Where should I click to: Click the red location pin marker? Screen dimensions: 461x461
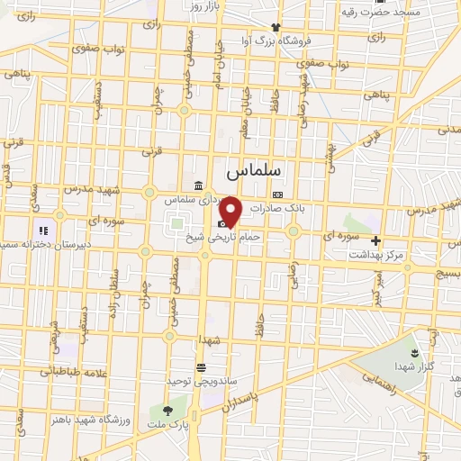pyautogui.click(x=231, y=211)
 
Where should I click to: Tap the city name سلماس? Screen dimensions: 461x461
pyautogui.click(x=254, y=169)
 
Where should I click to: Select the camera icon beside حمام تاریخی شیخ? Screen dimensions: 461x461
pyautogui.click(x=222, y=223)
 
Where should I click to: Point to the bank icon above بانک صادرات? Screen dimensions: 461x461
pyautogui.click(x=277, y=194)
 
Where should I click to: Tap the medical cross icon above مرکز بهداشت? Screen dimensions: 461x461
pyautogui.click(x=376, y=240)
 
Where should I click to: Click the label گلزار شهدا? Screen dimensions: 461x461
pyautogui.click(x=413, y=366)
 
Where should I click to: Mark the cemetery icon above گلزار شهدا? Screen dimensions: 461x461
pyautogui.click(x=413, y=352)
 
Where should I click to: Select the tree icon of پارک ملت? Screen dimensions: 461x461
pyautogui.click(x=166, y=411)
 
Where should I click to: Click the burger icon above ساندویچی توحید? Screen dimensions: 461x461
pyautogui.click(x=201, y=367)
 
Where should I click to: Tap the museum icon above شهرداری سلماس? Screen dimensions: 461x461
pyautogui.click(x=197, y=185)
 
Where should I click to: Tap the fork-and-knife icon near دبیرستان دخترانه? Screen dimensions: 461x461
pyautogui.click(x=42, y=231)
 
